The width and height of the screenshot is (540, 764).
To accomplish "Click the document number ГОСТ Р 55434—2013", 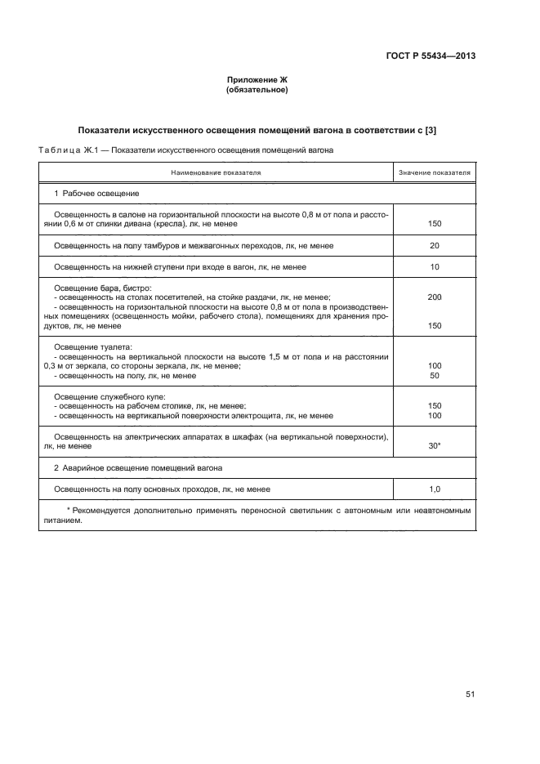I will coord(431,56).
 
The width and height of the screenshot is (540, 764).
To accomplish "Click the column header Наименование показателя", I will coord(216,173).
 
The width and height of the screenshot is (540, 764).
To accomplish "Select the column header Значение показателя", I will coord(435,173).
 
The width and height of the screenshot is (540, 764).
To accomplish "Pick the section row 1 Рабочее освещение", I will coord(96,194).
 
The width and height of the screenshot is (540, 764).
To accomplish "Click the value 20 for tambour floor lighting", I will coord(434,245).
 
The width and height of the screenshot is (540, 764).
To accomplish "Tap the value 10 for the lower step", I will coord(434,267).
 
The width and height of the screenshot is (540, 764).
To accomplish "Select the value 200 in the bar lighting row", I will coord(434,297).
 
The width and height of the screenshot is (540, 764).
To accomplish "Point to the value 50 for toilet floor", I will coord(434,375).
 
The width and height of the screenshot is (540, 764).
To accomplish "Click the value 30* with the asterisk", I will coord(435,447).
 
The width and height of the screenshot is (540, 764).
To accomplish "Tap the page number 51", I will coord(470,694).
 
